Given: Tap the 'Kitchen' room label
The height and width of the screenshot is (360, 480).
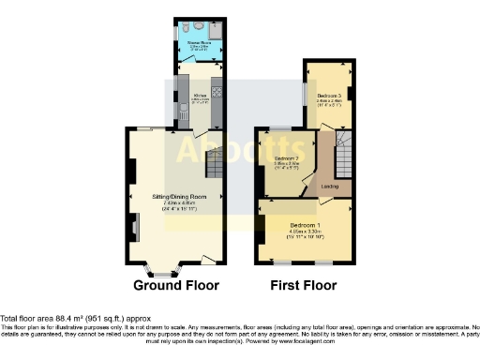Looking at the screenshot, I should pyautogui.click(x=200, y=95).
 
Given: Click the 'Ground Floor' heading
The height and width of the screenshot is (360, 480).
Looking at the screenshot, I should pyautogui.click(x=176, y=285).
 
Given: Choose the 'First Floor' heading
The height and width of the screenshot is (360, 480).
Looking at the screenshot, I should pyautogui.click(x=302, y=285).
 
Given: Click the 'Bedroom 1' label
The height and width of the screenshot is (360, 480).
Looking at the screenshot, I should pyautogui.click(x=307, y=226).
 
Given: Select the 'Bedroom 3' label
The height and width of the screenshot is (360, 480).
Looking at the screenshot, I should pyautogui.click(x=329, y=97).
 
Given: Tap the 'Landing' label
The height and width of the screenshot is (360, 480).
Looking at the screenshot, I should pyautogui.click(x=330, y=187).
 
